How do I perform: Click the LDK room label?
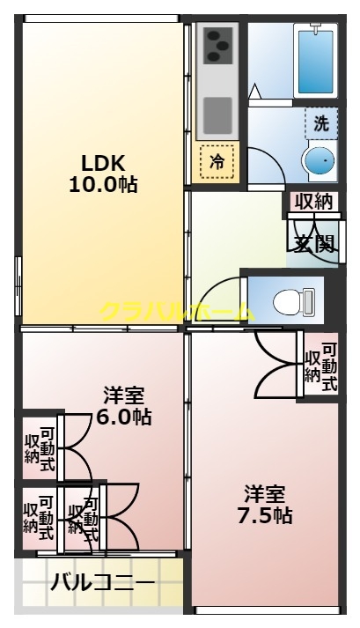(104, 163)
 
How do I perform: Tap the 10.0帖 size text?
(104, 185)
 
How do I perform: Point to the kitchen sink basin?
(218, 113)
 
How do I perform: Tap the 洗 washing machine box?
(321, 124)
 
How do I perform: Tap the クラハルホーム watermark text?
(176, 311)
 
